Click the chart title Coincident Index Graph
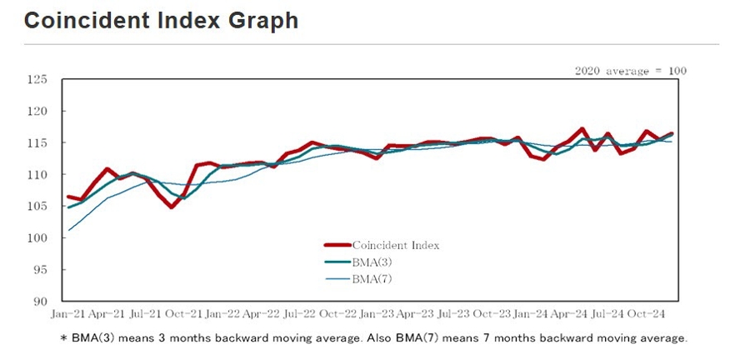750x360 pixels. pyautogui.click(x=161, y=21)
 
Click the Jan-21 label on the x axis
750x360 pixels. pyautogui.click(x=67, y=314)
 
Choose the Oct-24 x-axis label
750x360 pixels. pyautogui.click(x=646, y=314)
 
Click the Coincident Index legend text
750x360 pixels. pyautogui.click(x=395, y=246)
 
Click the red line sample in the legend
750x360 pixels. pyautogui.click(x=337, y=246)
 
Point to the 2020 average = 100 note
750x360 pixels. pyautogui.click(x=631, y=71)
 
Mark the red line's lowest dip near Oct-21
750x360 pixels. pyautogui.click(x=171, y=207)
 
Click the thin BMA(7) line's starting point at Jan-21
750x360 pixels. pyautogui.click(x=68, y=230)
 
